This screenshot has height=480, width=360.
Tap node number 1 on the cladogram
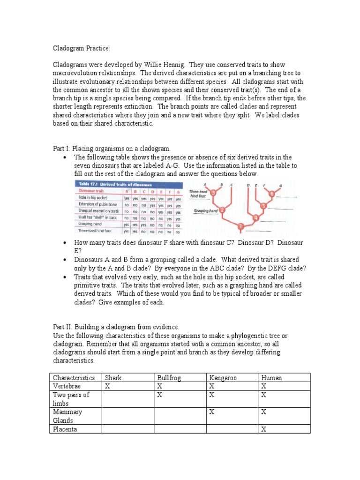tap(240, 227)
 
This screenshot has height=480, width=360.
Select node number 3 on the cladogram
tap(213, 193)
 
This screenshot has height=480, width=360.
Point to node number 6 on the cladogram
tap(271, 194)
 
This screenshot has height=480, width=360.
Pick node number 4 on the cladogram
tap(255, 217)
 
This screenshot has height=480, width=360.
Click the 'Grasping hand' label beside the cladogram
tap(204, 211)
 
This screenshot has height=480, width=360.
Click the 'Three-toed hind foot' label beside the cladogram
tap(198, 194)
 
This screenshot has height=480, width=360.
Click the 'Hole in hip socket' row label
tap(93, 198)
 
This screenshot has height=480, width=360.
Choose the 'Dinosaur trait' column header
tap(91, 191)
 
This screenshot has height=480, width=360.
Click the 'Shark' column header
tap(113, 378)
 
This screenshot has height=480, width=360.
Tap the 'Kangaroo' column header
tap(222, 378)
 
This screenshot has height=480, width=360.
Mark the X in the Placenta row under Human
tap(263, 429)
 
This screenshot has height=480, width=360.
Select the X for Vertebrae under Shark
tap(107, 386)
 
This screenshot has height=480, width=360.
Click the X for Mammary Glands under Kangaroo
tap(211, 412)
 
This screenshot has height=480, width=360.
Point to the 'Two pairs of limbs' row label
tap(71, 399)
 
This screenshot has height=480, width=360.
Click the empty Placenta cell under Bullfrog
tap(180, 429)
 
